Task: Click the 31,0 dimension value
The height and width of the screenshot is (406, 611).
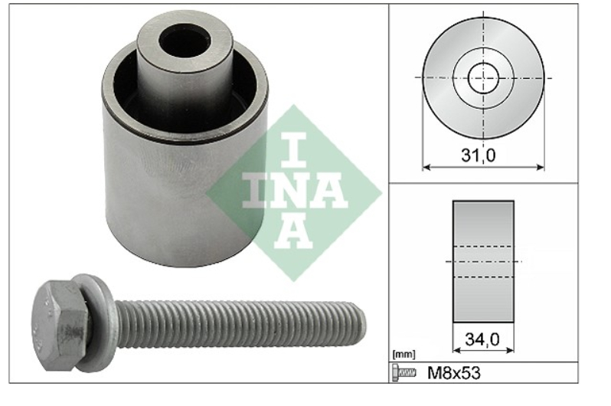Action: click(478, 156)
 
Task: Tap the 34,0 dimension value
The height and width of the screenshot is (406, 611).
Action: click(482, 339)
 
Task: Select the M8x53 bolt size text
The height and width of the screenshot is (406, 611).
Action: click(454, 373)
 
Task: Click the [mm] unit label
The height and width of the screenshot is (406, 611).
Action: click(404, 355)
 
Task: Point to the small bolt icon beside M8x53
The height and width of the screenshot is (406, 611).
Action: click(404, 373)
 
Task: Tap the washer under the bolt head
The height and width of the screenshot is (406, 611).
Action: click(96, 323)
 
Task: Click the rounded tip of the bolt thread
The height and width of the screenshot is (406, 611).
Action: click(361, 324)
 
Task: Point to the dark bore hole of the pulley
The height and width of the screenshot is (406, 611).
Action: click(185, 41)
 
